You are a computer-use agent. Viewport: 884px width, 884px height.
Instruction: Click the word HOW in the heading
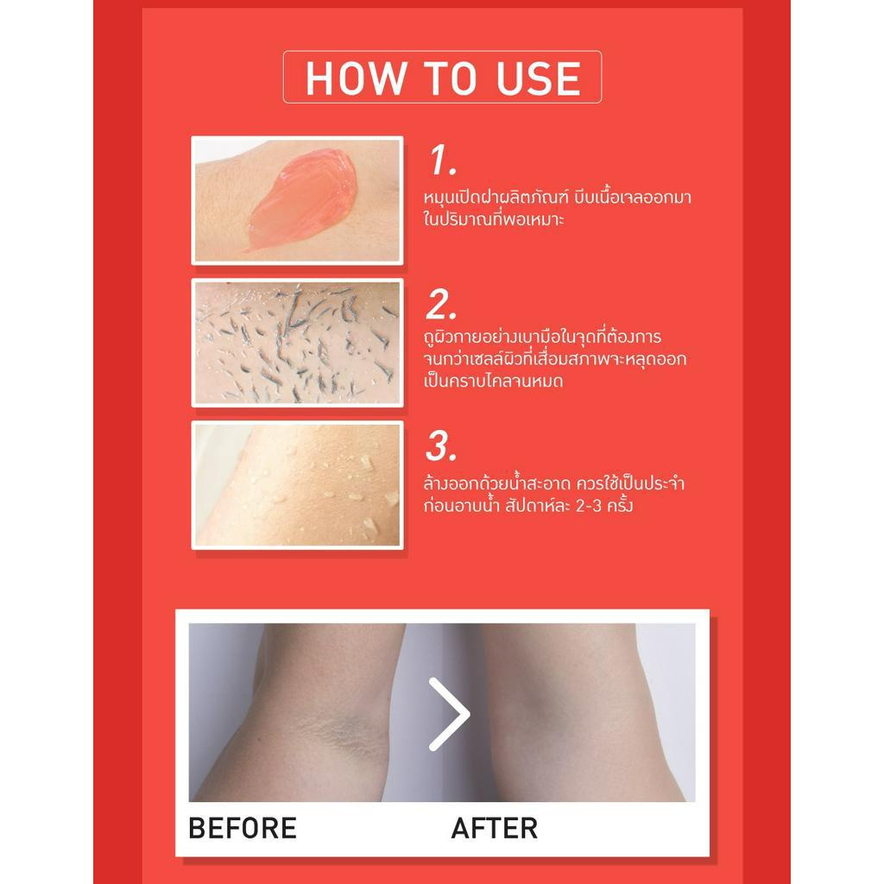(356, 78)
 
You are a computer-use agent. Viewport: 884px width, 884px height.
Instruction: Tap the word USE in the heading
(539, 78)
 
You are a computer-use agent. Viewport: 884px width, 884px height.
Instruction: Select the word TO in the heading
(451, 78)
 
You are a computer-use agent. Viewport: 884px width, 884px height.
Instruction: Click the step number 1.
(442, 160)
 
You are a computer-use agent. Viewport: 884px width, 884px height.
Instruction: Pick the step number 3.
(441, 446)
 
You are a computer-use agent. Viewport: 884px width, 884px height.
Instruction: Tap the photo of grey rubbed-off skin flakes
(297, 342)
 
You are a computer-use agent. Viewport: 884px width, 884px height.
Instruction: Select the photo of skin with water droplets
(297, 485)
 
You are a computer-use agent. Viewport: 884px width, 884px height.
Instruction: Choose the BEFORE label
(243, 828)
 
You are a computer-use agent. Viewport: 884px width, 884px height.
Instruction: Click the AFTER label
(495, 828)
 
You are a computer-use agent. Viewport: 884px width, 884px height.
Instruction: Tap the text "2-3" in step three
(589, 505)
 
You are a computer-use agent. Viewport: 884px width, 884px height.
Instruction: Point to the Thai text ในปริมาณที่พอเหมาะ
(493, 218)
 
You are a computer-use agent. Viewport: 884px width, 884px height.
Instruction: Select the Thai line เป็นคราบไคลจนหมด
(493, 381)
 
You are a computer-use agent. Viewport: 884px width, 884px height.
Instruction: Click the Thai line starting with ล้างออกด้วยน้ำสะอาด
(554, 483)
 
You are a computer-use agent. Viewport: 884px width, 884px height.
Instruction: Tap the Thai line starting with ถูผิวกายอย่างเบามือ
(542, 338)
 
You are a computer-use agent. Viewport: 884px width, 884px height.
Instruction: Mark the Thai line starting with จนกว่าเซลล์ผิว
(555, 359)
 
